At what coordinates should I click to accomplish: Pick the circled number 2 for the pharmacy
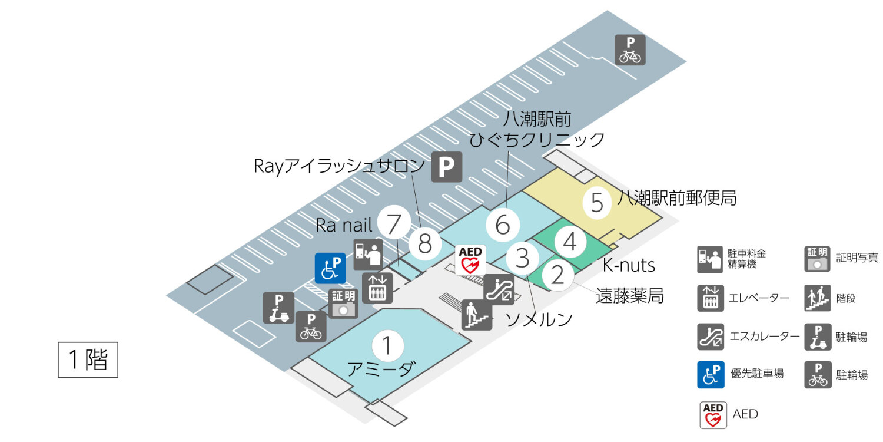[x=557, y=274]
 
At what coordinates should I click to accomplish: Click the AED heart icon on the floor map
[x=471, y=260]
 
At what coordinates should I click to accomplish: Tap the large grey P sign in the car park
[x=447, y=167]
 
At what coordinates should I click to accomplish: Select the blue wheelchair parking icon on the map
[x=330, y=268]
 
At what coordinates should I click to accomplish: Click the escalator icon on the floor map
[x=499, y=288]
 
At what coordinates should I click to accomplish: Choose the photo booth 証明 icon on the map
[x=343, y=304]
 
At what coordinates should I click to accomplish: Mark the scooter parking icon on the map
[x=278, y=308]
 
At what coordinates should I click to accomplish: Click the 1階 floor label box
[x=88, y=359]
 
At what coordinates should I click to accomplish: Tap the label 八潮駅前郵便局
[x=677, y=198]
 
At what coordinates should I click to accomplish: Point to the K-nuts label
[x=629, y=265]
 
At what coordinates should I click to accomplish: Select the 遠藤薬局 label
[x=630, y=295]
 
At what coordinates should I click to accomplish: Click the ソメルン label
[x=539, y=320]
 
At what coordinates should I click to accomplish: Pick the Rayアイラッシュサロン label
[x=339, y=166]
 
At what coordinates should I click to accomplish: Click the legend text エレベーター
[x=759, y=298]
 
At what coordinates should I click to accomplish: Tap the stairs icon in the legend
[x=818, y=298]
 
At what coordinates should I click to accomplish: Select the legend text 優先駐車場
[x=757, y=374]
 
